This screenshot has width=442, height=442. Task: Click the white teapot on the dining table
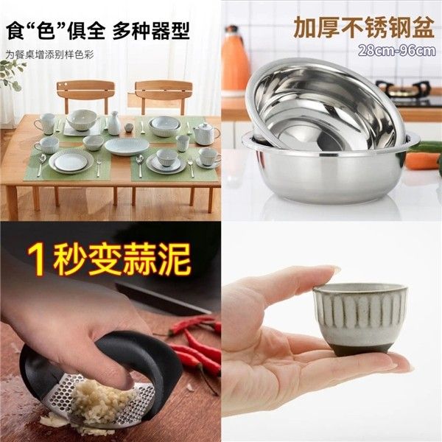tap(205, 134)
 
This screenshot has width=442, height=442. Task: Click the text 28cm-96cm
tap(397, 52)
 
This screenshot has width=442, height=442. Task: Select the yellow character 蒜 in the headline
tap(138, 260)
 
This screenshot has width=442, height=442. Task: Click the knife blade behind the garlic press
tap(164, 299)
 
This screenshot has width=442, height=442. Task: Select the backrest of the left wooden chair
tap(85, 90)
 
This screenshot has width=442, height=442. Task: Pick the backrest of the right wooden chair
tap(163, 91)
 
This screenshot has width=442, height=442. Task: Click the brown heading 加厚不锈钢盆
tap(364, 27)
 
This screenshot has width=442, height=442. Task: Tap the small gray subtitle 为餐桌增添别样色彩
tap(49, 55)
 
